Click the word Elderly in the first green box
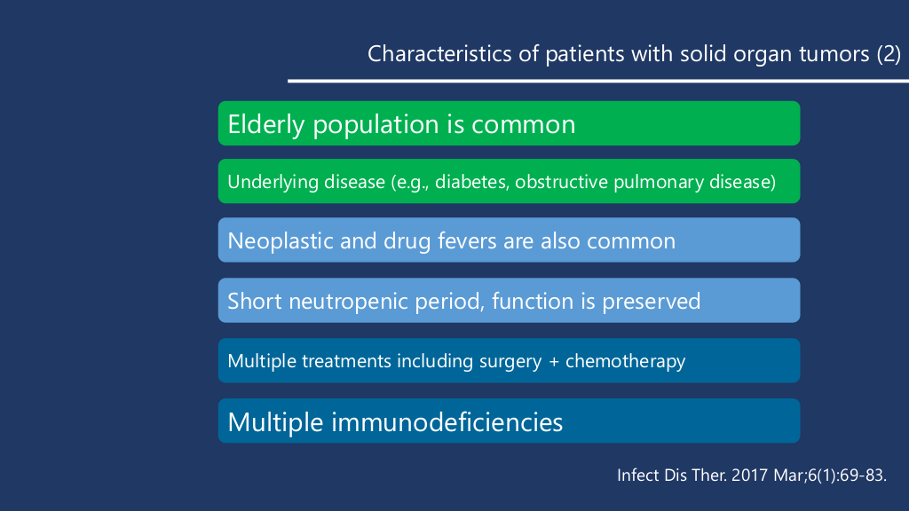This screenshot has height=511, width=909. tap(266, 125)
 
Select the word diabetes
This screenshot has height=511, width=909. tap(472, 182)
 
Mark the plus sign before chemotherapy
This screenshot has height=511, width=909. tap(554, 362)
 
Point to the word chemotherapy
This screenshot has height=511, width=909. tap(626, 362)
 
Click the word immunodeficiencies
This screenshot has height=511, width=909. tap(447, 421)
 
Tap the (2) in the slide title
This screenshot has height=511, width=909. tap(889, 54)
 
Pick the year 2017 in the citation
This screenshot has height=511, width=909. tap(750, 476)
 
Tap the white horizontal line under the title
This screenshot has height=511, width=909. tap(598, 81)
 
